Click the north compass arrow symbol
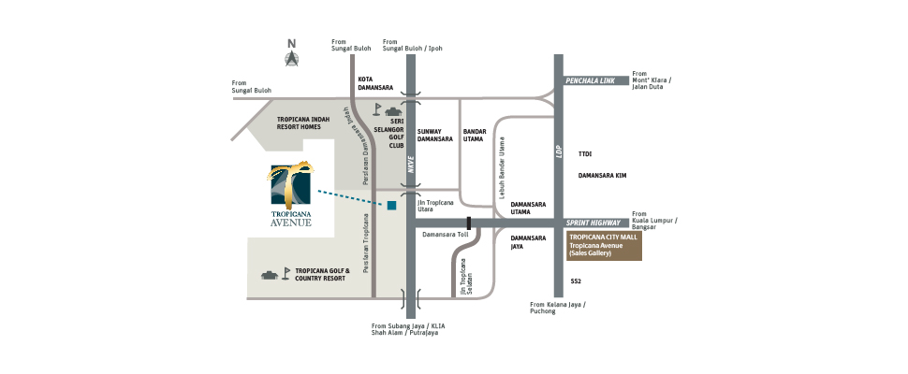[x=292, y=57]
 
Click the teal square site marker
[x=392, y=205]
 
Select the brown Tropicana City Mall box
[x=604, y=246]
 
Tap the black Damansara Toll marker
[x=469, y=223]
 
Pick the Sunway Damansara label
[x=435, y=137]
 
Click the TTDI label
[x=585, y=153]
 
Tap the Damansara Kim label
[x=601, y=175]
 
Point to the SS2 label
[x=576, y=280]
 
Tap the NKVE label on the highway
[x=410, y=165]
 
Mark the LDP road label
[x=558, y=149]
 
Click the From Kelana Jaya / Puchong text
[x=558, y=308]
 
